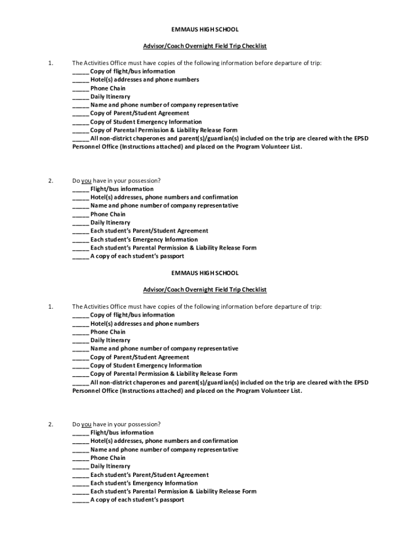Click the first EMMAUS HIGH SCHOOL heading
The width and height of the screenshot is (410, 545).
[205, 29]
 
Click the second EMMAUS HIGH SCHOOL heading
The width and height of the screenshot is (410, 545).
[205, 273]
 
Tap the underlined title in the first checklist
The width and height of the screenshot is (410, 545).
[205, 46]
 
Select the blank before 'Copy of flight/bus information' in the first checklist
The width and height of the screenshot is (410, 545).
[80, 71]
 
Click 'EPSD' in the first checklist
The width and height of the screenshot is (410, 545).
[360, 138]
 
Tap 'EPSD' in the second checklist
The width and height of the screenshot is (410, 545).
[360, 383]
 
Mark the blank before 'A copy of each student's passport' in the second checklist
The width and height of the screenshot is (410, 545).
[80, 500]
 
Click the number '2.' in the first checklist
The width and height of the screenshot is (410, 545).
[50, 181]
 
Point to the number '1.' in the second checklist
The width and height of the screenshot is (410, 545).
[50, 307]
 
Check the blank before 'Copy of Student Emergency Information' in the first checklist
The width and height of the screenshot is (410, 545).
[80, 122]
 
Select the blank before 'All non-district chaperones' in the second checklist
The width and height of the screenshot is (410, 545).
[80, 383]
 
